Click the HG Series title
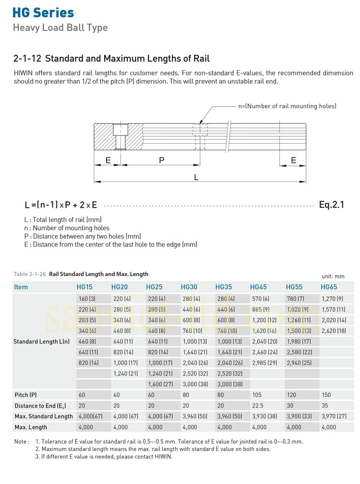tap(44, 12)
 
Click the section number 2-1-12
tap(27, 59)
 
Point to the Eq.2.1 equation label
tap(331, 205)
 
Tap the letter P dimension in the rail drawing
tap(162, 160)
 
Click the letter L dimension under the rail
tap(196, 177)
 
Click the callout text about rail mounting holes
tap(287, 106)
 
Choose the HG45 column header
tap(258, 287)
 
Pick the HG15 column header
tap(84, 287)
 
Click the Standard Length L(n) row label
tap(41, 341)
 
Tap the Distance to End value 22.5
tap(258, 406)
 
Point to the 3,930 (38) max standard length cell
tap(265, 416)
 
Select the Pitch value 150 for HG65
tap(326, 395)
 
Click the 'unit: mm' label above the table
tap(333, 276)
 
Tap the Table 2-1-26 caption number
tap(30, 274)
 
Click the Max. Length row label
tap(31, 427)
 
